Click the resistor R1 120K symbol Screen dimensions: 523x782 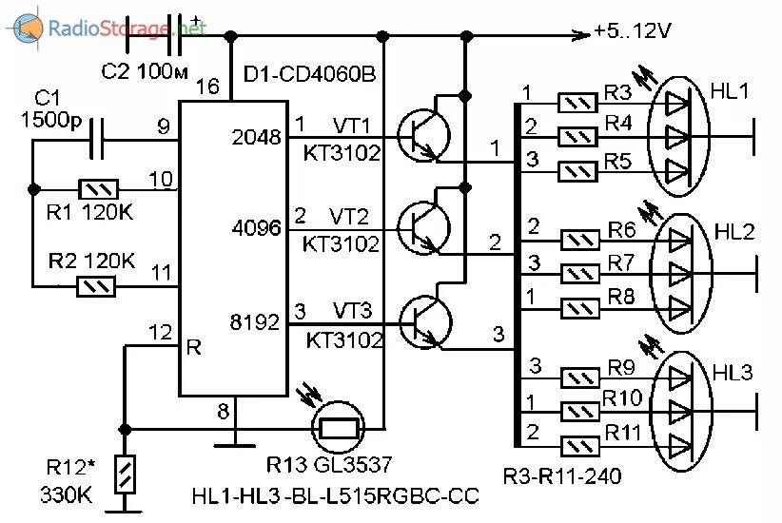(97, 188)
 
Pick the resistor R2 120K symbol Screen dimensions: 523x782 (97, 284)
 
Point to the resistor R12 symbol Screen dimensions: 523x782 (123, 473)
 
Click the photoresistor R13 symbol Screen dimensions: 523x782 (338, 429)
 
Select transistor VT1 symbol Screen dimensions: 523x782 (419, 132)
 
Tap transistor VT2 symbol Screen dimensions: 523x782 (419, 225)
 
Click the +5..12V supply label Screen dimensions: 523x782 (633, 32)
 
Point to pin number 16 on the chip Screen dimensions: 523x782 (207, 87)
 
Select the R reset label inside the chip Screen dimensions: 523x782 (194, 347)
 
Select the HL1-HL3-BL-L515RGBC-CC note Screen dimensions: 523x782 (335, 496)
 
